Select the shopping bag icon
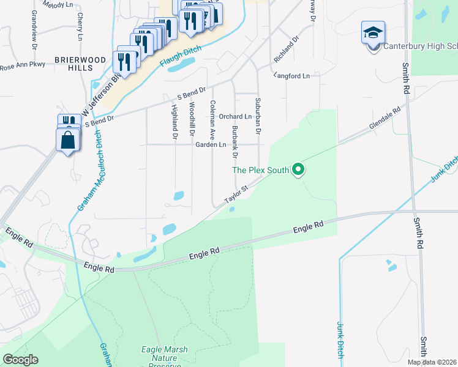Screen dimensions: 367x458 [67, 139]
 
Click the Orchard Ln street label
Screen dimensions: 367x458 [235, 116]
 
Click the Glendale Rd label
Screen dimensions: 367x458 [384, 119]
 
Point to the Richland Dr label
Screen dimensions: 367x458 [287, 49]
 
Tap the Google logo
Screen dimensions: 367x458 [20, 359]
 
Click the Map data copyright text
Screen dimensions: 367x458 [431, 361]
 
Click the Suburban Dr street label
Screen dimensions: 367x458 [258, 116]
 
